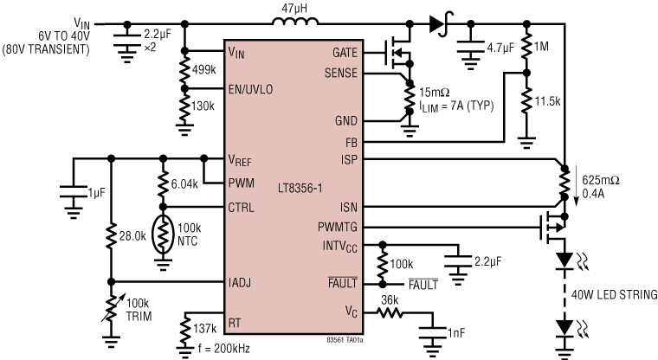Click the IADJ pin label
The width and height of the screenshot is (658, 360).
pyautogui.click(x=241, y=282)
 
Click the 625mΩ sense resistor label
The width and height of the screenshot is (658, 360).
pyautogui.click(x=597, y=180)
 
